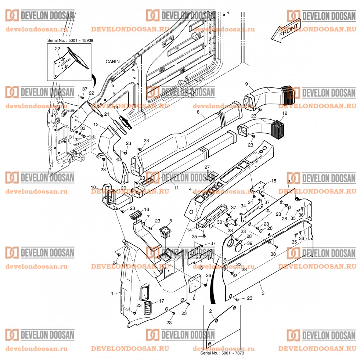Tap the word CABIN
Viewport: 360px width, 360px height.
click(x=112, y=61)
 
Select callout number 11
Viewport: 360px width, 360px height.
click(x=176, y=188)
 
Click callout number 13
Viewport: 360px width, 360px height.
click(x=96, y=125)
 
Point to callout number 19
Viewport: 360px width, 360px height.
click(x=115, y=108)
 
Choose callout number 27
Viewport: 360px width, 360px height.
click(x=206, y=167)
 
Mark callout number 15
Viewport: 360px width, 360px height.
click(x=273, y=181)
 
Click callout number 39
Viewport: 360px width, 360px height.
click(x=249, y=243)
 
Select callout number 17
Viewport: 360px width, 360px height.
click(x=161, y=301)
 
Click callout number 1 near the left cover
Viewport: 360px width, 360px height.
click(x=112, y=293)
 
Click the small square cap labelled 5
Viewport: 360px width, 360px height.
click(x=166, y=232)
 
